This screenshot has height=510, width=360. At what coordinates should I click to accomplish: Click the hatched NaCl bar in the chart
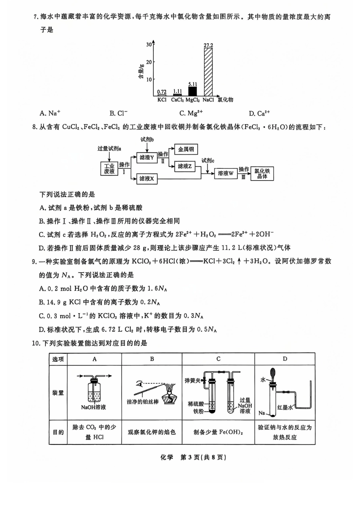208,72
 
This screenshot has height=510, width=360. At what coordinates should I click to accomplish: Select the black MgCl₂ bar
193,91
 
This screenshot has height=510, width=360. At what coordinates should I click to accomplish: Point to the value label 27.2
208,45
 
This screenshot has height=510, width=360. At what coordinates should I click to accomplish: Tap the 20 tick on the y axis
149,62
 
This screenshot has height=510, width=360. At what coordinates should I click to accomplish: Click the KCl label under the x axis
162,100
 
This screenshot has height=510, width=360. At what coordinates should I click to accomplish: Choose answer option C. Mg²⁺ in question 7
191,113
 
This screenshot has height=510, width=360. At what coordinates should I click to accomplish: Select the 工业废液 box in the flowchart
109,169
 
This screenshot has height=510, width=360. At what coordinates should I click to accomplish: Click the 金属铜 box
186,149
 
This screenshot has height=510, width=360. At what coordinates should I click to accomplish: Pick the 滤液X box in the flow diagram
147,179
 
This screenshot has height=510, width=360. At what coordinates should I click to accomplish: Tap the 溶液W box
226,173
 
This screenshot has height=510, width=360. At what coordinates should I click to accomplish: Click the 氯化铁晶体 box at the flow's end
262,174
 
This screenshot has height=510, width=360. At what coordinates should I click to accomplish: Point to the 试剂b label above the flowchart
147,140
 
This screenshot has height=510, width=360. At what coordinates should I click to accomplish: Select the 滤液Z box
185,166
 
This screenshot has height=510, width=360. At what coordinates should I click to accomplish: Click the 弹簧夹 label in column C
193,380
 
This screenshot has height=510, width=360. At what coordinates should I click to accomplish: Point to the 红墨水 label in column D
285,407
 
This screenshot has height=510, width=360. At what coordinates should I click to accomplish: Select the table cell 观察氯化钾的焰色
152,432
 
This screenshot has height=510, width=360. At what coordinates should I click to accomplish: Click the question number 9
34,261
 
